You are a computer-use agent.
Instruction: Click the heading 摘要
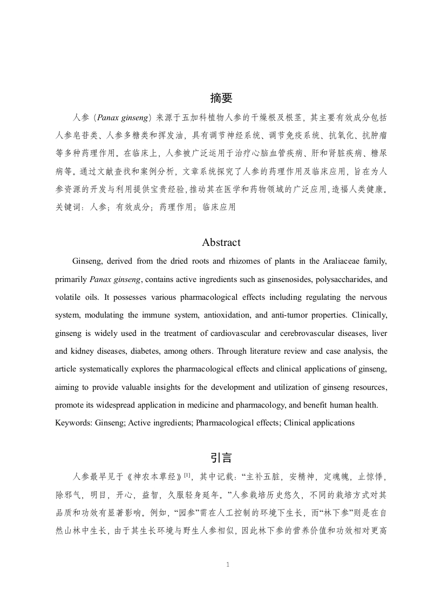pyautogui.click(x=221, y=98)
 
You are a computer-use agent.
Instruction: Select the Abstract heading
pyautogui.click(x=221, y=242)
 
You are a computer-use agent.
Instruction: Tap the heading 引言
pyautogui.click(x=221, y=458)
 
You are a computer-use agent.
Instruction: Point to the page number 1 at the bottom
pyautogui.click(x=228, y=565)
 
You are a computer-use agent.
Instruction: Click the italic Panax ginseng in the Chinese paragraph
pyautogui.click(x=124, y=117)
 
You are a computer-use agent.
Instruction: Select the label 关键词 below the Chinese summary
pyautogui.click(x=67, y=207)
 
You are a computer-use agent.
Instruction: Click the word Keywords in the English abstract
pyautogui.click(x=73, y=423)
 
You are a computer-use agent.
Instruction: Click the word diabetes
pyautogui.click(x=146, y=351)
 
